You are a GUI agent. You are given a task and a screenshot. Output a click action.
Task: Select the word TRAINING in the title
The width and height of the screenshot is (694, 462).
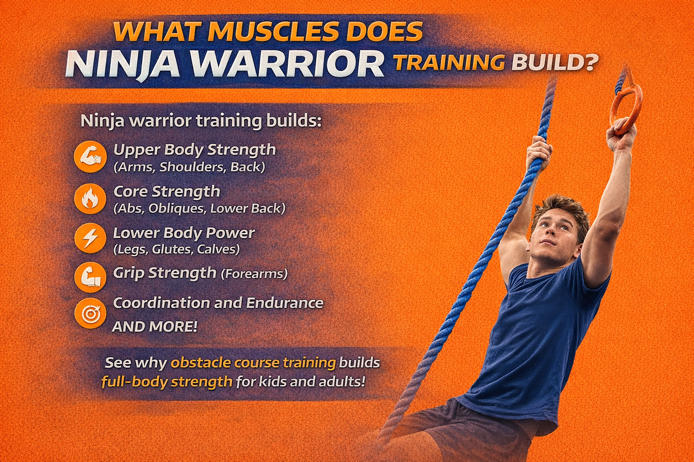tap(449, 63)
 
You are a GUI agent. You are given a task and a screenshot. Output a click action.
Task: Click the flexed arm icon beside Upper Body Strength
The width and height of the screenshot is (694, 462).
tap(90, 157)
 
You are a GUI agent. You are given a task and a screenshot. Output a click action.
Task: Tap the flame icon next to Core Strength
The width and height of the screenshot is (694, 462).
tap(90, 198)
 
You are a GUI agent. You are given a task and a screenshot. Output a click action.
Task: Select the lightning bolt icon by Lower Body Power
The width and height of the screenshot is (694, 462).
tap(90, 238)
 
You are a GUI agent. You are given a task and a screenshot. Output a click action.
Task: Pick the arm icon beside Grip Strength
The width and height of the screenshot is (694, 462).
tap(90, 277)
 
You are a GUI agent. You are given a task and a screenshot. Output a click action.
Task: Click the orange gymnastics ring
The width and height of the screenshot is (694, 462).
tap(626, 110)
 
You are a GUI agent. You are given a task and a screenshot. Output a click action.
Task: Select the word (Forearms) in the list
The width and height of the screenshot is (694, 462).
tap(254, 274)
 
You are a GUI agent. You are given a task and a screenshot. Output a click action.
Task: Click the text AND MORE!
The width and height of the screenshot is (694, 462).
tap(155, 327)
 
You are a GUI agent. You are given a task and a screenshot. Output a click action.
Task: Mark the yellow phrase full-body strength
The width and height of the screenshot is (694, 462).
tap(167, 382)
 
